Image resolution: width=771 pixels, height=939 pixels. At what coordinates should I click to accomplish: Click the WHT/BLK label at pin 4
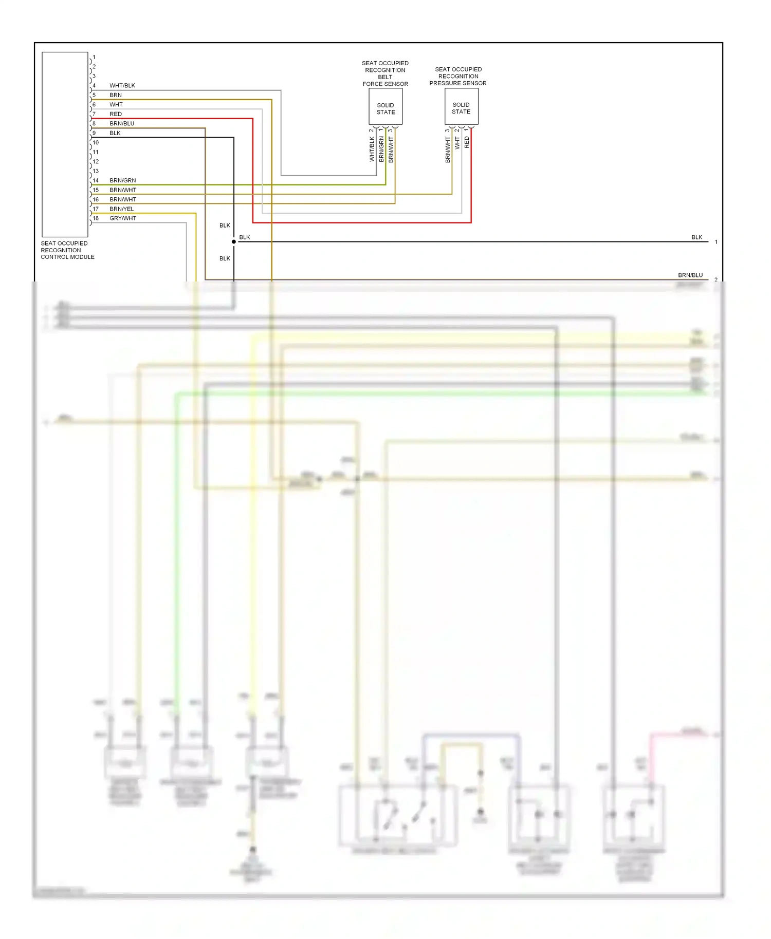pyautogui.click(x=122, y=86)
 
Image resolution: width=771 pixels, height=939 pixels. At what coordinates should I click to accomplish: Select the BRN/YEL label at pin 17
pyautogui.click(x=121, y=209)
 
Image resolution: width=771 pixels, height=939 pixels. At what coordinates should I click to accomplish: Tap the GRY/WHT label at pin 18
pyautogui.click(x=123, y=218)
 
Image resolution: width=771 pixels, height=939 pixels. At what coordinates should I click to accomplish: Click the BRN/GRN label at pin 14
pyautogui.click(x=122, y=181)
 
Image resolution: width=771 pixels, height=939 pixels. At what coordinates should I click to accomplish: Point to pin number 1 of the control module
pyautogui.click(x=94, y=57)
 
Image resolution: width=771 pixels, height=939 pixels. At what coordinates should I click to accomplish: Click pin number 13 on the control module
pyautogui.click(x=96, y=171)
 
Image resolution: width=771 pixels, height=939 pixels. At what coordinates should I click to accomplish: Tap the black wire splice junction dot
pyautogui.click(x=234, y=241)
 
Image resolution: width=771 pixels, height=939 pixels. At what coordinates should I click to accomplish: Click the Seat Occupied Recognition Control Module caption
pyautogui.click(x=67, y=250)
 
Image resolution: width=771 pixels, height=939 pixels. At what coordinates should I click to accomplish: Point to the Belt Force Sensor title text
pyautogui.click(x=385, y=73)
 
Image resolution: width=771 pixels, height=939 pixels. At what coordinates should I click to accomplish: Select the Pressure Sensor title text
pyautogui.click(x=458, y=76)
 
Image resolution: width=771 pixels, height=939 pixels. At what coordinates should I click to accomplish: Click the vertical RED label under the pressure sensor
pyautogui.click(x=467, y=142)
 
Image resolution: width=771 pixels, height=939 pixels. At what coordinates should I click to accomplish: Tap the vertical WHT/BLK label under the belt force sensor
pyautogui.click(x=372, y=149)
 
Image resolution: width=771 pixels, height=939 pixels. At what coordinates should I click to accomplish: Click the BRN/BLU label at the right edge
pyautogui.click(x=690, y=275)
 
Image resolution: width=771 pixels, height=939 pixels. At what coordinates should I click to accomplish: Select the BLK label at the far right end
pyautogui.click(x=696, y=237)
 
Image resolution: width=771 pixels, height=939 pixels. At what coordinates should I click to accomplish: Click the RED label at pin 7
pyautogui.click(x=116, y=114)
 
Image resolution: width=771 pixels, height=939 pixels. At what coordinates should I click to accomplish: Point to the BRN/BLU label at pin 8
pyautogui.click(x=122, y=124)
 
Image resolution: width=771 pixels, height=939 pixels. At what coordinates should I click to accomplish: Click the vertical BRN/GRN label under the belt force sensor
pyautogui.click(x=381, y=149)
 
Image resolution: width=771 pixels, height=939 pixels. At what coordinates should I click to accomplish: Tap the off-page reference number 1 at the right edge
pyautogui.click(x=716, y=242)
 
